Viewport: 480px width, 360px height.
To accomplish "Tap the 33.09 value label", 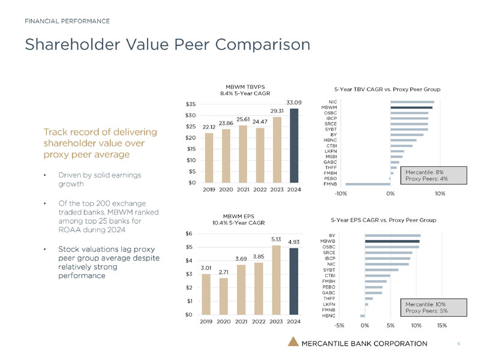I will point(293,103).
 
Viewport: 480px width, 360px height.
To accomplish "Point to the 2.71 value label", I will point(224,272).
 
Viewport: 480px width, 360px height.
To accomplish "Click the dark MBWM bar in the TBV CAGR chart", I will point(411,107).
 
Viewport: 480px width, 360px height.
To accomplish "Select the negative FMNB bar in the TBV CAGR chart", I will point(368,184).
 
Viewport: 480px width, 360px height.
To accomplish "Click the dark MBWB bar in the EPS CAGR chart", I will point(392,241).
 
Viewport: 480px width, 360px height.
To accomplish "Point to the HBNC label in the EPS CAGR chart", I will point(329,315).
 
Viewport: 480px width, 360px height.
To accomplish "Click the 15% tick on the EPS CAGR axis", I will point(442,326).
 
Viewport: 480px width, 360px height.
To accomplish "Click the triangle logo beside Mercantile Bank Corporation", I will point(293,343).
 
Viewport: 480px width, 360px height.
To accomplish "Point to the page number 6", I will point(458,343).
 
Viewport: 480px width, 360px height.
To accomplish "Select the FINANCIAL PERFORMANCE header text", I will point(67,21).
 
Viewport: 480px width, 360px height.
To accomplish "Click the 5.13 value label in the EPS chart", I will point(276,239).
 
